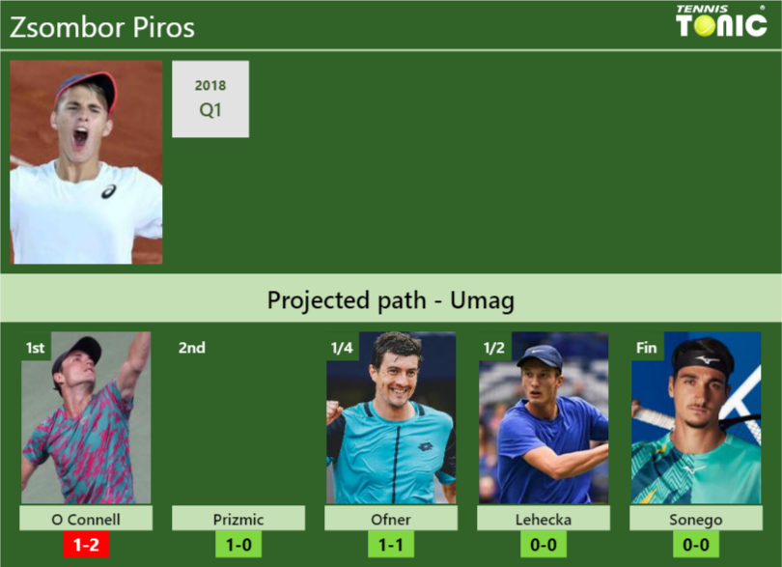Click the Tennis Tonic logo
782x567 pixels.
[x=721, y=21]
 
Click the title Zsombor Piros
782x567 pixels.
[x=102, y=27]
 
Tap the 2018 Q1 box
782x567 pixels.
[x=210, y=99]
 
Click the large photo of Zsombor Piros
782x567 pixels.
[x=86, y=162]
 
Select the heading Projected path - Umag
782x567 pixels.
[x=391, y=300]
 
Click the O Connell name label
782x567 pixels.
[x=86, y=519]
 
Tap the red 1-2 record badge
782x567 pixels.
[x=86, y=545]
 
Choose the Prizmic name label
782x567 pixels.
[x=238, y=519]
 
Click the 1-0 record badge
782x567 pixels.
[x=238, y=545]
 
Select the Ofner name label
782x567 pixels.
[x=391, y=519]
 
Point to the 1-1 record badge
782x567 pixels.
[x=391, y=545]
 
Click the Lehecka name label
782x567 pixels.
[x=544, y=519]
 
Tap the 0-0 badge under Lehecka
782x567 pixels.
[x=544, y=545]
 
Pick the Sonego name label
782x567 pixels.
[x=696, y=519]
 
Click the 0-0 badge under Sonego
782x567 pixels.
[x=696, y=545]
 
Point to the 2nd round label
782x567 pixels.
[x=191, y=348]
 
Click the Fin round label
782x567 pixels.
[x=646, y=348]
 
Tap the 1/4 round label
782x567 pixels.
[x=342, y=348]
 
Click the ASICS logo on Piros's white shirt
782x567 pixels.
[x=109, y=191]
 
